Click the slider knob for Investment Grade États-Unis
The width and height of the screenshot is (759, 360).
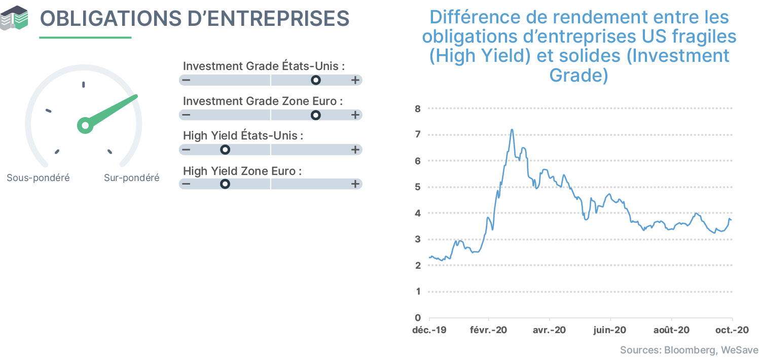tap(316, 80)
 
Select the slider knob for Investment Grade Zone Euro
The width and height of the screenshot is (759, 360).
tap(316, 115)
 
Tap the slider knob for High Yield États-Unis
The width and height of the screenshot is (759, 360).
tap(225, 150)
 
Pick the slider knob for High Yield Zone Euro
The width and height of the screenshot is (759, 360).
tap(225, 184)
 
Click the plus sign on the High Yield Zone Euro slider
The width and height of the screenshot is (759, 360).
tap(355, 184)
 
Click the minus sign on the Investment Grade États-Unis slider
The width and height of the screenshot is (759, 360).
tap(186, 80)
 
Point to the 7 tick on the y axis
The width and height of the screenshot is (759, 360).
tap(418, 134)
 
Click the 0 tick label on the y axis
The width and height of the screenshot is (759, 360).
tap(418, 317)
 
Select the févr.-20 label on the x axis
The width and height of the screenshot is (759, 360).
tap(488, 330)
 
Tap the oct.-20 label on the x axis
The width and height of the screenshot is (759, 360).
tap(732, 330)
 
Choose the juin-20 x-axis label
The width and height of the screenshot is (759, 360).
tap(610, 330)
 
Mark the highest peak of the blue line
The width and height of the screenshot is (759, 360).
tap(512, 129)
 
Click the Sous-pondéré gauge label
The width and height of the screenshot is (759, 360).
tap(38, 178)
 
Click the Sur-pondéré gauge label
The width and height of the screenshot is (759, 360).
tap(131, 178)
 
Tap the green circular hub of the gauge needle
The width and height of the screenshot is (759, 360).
tap(85, 125)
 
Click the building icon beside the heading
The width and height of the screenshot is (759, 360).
tap(14, 18)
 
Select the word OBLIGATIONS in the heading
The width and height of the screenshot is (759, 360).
tap(111, 18)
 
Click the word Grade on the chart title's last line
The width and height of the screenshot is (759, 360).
tap(579, 75)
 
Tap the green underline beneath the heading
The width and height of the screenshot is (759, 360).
tap(85, 38)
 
